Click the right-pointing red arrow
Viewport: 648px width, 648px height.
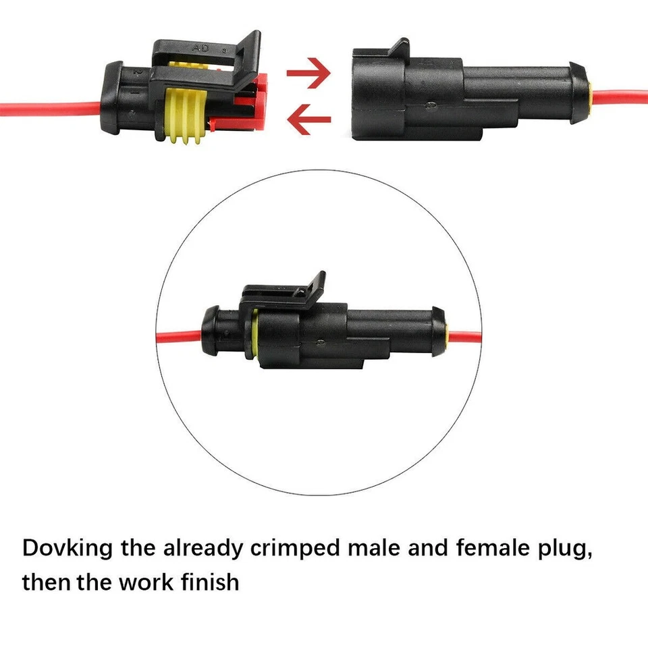[x=308, y=72]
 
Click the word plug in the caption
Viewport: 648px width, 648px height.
[x=564, y=548]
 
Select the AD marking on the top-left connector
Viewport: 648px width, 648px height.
[x=200, y=48]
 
